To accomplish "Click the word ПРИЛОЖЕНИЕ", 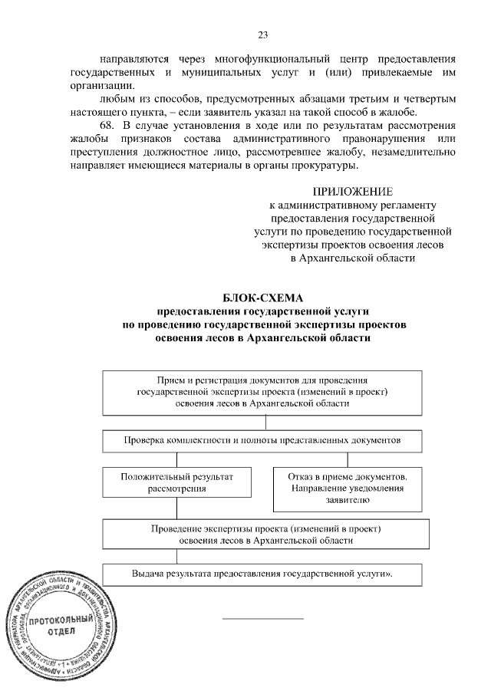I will point(353,191).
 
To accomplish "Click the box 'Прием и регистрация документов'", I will point(265,392).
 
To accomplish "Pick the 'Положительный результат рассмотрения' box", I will point(177,482).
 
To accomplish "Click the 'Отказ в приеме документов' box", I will point(348,488).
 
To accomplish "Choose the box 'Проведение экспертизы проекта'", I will point(265,534).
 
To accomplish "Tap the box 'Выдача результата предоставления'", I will point(265,574).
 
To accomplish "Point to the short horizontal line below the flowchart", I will point(263,618).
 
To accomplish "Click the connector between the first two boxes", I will point(265,423).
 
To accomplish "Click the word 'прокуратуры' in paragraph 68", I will point(327,165).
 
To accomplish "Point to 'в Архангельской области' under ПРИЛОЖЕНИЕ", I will point(353,258).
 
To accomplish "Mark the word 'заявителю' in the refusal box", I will point(348,500).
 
